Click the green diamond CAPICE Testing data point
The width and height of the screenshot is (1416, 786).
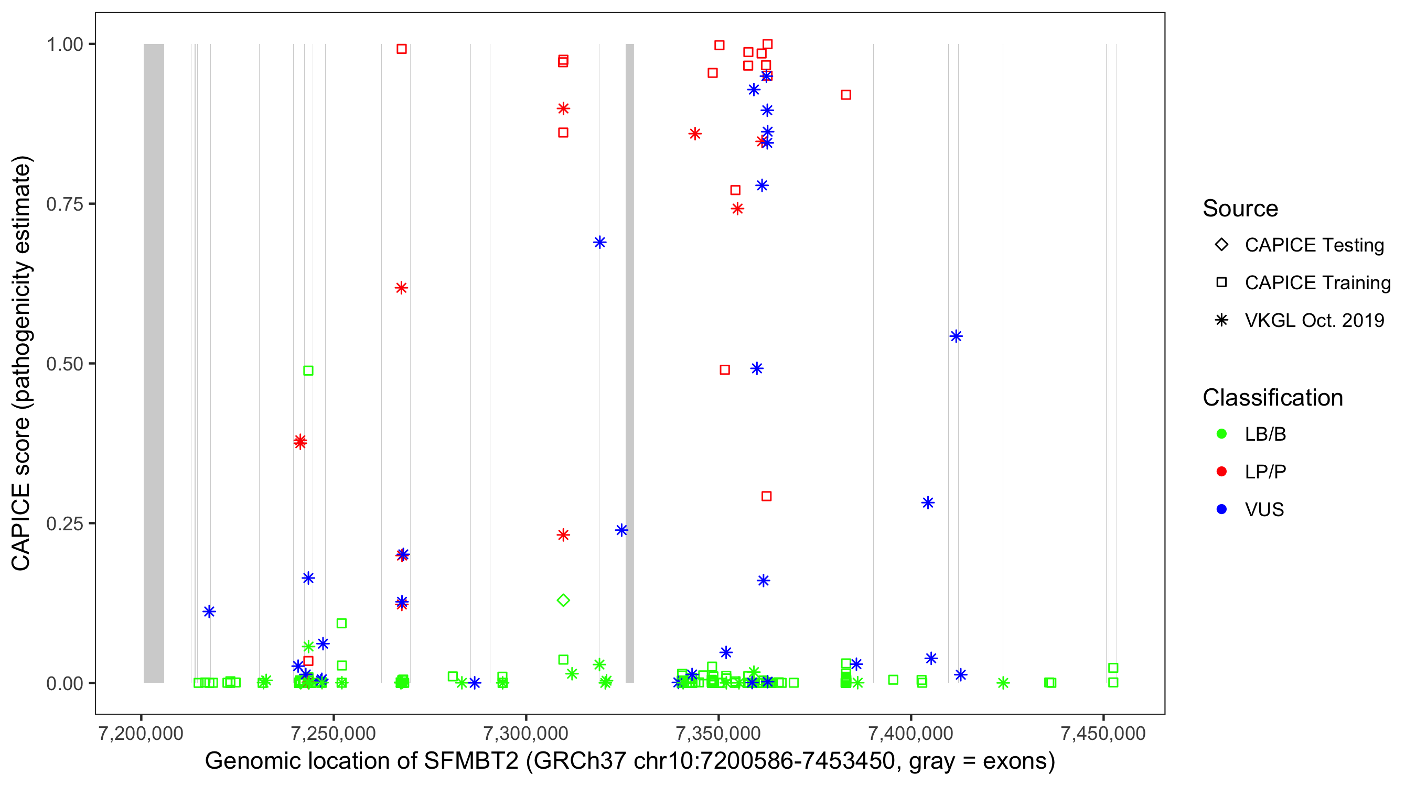click(x=563, y=601)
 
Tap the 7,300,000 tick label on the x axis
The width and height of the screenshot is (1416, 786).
click(x=526, y=734)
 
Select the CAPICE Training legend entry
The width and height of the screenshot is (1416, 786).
click(x=1317, y=283)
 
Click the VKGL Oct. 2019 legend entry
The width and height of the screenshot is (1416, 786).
click(x=1314, y=320)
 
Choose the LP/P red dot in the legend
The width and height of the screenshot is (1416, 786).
click(x=1221, y=472)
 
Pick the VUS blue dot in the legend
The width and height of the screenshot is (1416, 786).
click(x=1221, y=509)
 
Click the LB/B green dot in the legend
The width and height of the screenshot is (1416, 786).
click(x=1221, y=434)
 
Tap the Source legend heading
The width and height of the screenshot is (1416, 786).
click(x=1240, y=209)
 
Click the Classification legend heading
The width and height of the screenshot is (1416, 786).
click(x=1272, y=398)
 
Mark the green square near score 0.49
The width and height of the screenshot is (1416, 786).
click(x=308, y=371)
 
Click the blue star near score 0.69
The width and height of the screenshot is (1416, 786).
click(x=600, y=242)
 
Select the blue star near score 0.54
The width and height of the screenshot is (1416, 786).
click(x=956, y=336)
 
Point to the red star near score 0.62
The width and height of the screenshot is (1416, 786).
click(x=401, y=288)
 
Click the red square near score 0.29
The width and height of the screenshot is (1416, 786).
click(x=766, y=496)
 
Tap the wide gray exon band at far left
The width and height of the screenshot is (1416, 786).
click(x=154, y=363)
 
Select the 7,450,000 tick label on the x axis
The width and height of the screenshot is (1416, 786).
click(x=1103, y=734)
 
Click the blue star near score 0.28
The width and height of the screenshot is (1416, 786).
click(x=928, y=503)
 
